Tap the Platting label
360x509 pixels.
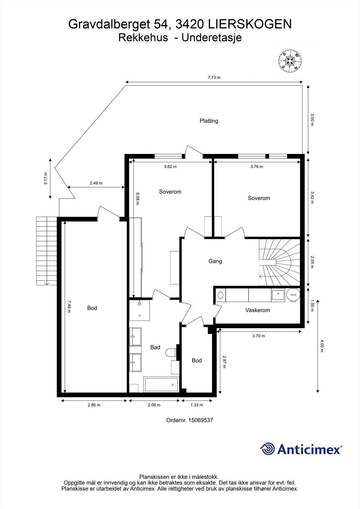point(209,121)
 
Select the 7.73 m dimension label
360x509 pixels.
point(214,77)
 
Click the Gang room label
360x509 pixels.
point(215,261)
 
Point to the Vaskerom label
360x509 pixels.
point(258,310)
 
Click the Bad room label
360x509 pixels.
point(155,347)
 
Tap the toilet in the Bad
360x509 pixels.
point(171,352)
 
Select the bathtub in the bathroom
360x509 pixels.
point(161,385)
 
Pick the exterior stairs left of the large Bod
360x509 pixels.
point(46,251)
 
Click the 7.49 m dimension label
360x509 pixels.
point(69,307)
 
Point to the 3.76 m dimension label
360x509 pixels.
point(257,167)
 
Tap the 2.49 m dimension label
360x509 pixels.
point(96,183)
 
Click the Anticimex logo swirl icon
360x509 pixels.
point(267,449)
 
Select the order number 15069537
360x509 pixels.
point(201,420)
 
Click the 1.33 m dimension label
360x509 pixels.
point(196,405)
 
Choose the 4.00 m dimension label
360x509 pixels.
point(321,346)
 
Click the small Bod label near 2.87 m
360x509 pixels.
point(197,360)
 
